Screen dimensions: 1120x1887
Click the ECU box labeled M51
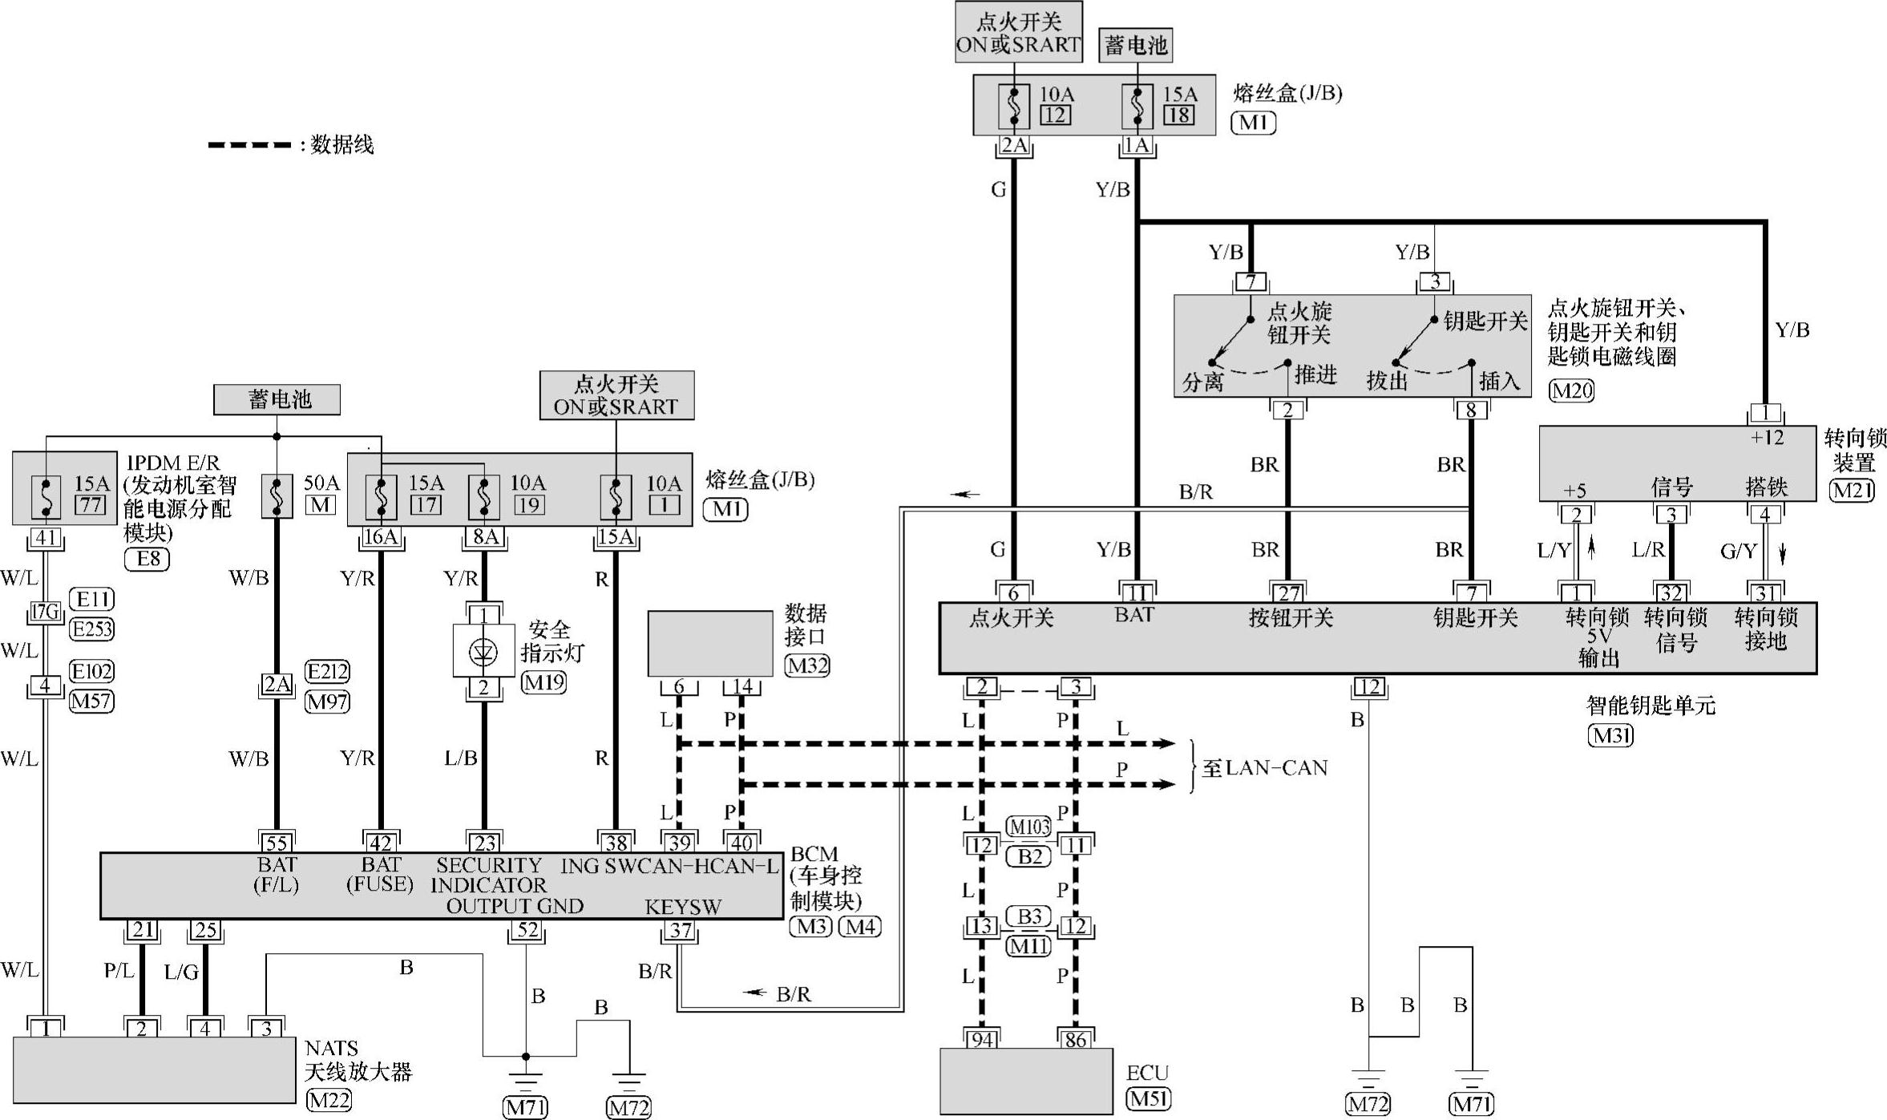click(x=1026, y=1080)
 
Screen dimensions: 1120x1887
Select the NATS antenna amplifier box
click(x=154, y=1069)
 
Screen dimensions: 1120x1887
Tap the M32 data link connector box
click(x=710, y=643)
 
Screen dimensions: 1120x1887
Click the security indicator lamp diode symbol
click(x=483, y=652)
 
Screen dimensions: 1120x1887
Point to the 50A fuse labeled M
click(x=277, y=496)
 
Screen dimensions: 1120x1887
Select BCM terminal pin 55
click(x=277, y=843)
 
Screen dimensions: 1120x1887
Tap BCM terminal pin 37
click(x=681, y=930)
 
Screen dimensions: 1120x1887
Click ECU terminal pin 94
click(x=981, y=1039)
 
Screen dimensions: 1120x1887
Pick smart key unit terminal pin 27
click(x=1288, y=593)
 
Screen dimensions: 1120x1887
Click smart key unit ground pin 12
click(x=1368, y=687)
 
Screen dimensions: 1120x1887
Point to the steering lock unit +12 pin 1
click(x=1764, y=414)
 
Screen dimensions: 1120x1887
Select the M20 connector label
click(x=1571, y=390)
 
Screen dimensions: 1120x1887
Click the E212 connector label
click(x=327, y=671)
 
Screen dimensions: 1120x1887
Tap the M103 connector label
click(x=1028, y=827)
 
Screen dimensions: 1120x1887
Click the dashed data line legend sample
click(x=249, y=145)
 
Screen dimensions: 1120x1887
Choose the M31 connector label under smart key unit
click(x=1610, y=735)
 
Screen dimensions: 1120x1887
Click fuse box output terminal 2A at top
click(x=1014, y=146)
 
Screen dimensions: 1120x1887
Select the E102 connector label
click(x=91, y=671)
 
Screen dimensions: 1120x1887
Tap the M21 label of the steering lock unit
click(x=1852, y=489)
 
